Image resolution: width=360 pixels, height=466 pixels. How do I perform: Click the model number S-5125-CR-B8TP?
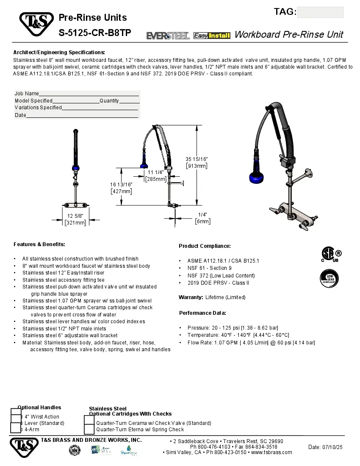pyautogui.click(x=95, y=33)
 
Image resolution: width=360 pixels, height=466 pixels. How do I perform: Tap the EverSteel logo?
pyautogui.click(x=168, y=36)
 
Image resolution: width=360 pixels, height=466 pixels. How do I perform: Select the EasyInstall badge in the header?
pyautogui.click(x=212, y=36)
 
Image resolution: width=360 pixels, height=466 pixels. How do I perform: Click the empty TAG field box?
pyautogui.click(x=320, y=12)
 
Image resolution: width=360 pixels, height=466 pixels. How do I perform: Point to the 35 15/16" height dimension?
pyautogui.click(x=197, y=162)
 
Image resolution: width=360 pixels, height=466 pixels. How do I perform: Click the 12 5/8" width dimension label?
pyautogui.click(x=75, y=219)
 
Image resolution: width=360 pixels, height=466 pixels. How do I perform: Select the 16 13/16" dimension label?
pyautogui.click(x=121, y=188)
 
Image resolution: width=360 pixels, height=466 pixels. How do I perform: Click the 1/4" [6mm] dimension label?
pyautogui.click(x=202, y=218)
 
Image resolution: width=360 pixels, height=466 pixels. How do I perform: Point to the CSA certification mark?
pyautogui.click(x=330, y=254)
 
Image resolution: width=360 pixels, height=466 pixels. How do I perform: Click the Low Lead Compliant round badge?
pyautogui.click(x=329, y=279)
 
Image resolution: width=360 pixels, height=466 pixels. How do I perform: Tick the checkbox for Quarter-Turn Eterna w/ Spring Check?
pyautogui.click(x=89, y=430)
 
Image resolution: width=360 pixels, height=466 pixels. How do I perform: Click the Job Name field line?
pyautogui.click(x=89, y=94)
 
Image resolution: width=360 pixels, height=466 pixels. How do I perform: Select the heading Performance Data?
pyautogui.click(x=202, y=313)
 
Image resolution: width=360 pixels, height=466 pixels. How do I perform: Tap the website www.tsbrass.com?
pyautogui.click(x=271, y=452)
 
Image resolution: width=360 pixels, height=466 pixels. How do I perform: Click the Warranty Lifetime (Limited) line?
pyautogui.click(x=212, y=297)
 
